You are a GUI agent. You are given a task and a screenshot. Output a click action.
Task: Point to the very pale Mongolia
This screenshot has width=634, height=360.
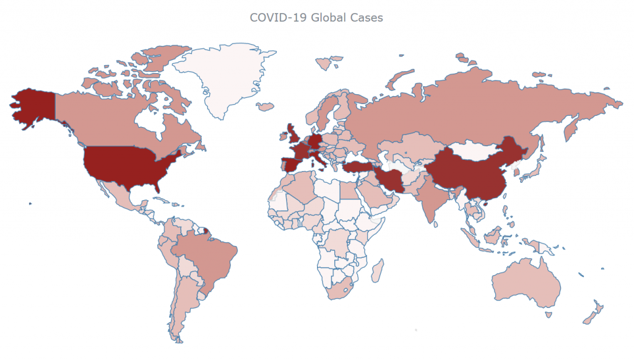(x=477, y=151)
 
